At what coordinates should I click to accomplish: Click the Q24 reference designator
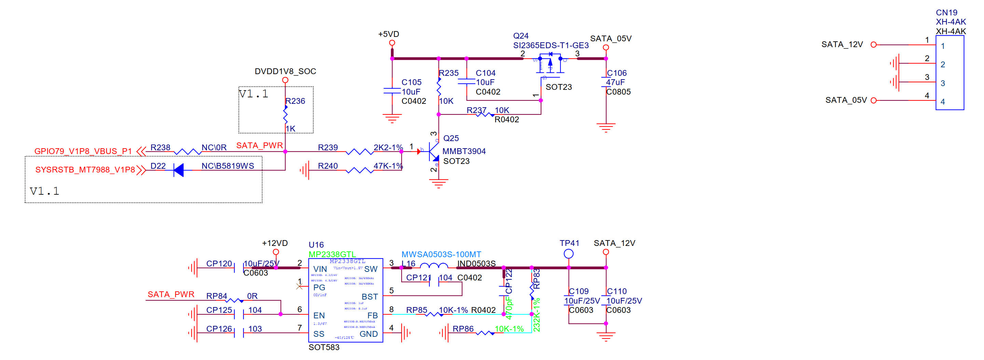pyautogui.click(x=521, y=36)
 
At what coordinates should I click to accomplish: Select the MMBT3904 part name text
pyautogui.click(x=464, y=151)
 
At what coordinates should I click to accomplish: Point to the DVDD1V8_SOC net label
pyautogui.click(x=285, y=71)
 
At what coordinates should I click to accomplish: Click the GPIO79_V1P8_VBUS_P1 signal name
pyautogui.click(x=83, y=151)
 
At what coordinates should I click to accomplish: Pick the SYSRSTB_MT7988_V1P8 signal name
pyautogui.click(x=85, y=170)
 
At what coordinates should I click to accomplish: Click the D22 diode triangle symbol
pyautogui.click(x=178, y=170)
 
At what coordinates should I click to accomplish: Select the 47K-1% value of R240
pyautogui.click(x=388, y=166)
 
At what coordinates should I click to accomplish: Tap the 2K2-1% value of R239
pyautogui.click(x=388, y=148)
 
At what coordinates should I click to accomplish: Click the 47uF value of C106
pyautogui.click(x=615, y=83)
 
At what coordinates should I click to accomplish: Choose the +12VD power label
pyautogui.click(x=275, y=244)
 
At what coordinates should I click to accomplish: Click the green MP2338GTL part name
pyautogui.click(x=332, y=254)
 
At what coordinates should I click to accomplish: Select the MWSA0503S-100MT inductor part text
pyautogui.click(x=441, y=254)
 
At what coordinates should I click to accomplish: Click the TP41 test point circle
pyautogui.click(x=568, y=254)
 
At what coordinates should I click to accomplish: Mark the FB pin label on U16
pyautogui.click(x=372, y=316)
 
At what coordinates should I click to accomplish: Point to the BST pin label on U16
pyautogui.click(x=369, y=297)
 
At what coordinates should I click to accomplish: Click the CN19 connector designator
pyautogui.click(x=946, y=13)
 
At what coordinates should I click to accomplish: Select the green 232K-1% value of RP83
pyautogui.click(x=536, y=315)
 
